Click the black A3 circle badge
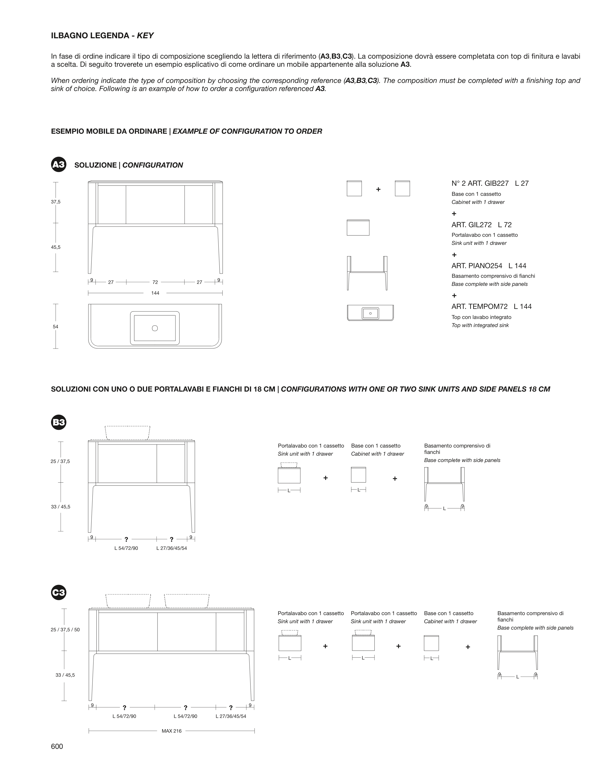coord(59,164)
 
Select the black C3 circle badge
coord(59,592)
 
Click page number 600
coord(57,746)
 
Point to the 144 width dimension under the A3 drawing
coord(155,293)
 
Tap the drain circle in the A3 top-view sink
coord(155,328)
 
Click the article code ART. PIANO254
coord(477,266)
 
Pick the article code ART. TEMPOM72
coord(480,307)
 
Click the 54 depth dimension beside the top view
coord(55,327)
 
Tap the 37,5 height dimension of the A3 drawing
coord(56,202)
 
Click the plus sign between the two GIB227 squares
coord(378,189)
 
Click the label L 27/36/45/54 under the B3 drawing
coord(172,548)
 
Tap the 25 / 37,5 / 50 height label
coord(65,630)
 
